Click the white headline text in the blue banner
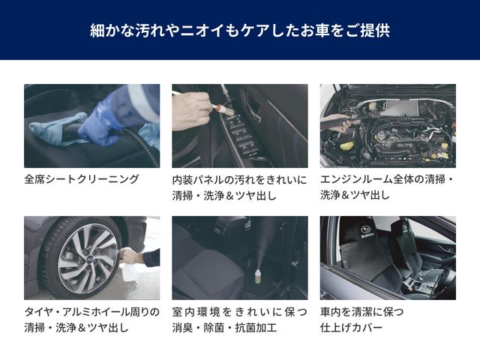coord(239,31)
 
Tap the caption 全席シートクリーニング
coord(82,179)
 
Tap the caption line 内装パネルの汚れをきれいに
coord(239,180)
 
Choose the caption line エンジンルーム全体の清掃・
coord(387,180)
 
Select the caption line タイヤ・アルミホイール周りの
coord(91,311)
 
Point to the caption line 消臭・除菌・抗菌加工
coord(225,328)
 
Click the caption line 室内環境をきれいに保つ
coord(239,311)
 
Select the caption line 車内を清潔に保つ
coord(362,311)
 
